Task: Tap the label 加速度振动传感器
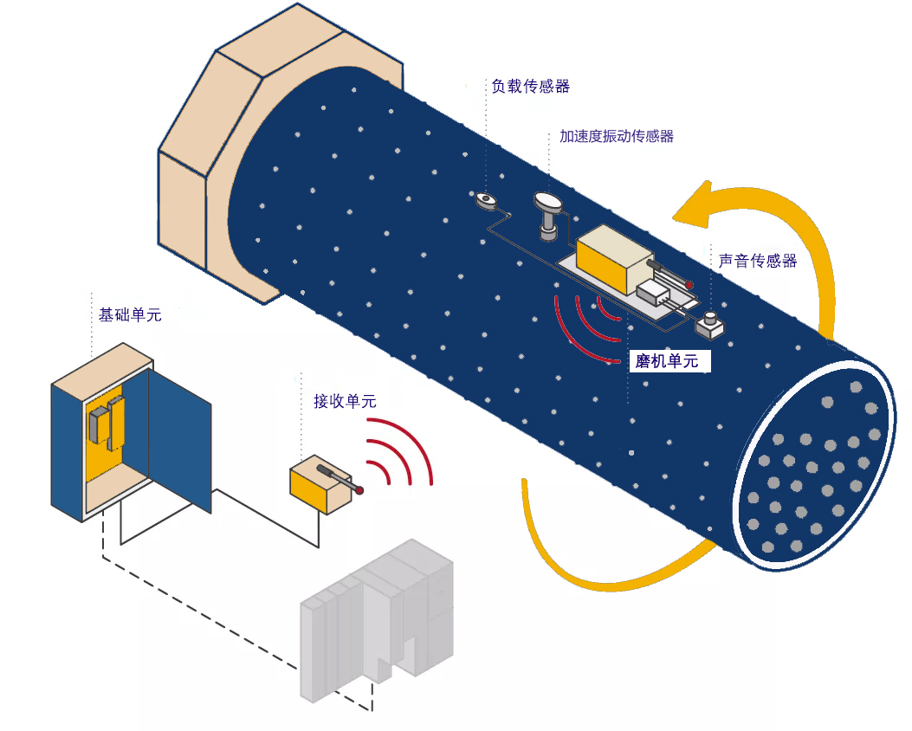tap(616, 136)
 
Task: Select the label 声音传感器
tap(757, 260)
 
